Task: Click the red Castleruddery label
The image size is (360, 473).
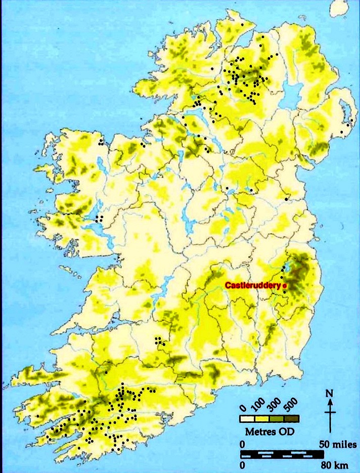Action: tap(252, 286)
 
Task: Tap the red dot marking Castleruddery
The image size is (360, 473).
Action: tap(284, 286)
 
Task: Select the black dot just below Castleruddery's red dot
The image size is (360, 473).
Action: tap(284, 292)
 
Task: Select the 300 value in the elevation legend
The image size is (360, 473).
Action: tap(274, 407)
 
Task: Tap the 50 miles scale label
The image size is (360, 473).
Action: tap(338, 444)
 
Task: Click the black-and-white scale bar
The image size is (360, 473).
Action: tap(282, 453)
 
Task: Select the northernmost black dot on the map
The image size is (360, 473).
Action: tap(242, 24)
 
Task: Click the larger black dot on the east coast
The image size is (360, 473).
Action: tap(287, 199)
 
